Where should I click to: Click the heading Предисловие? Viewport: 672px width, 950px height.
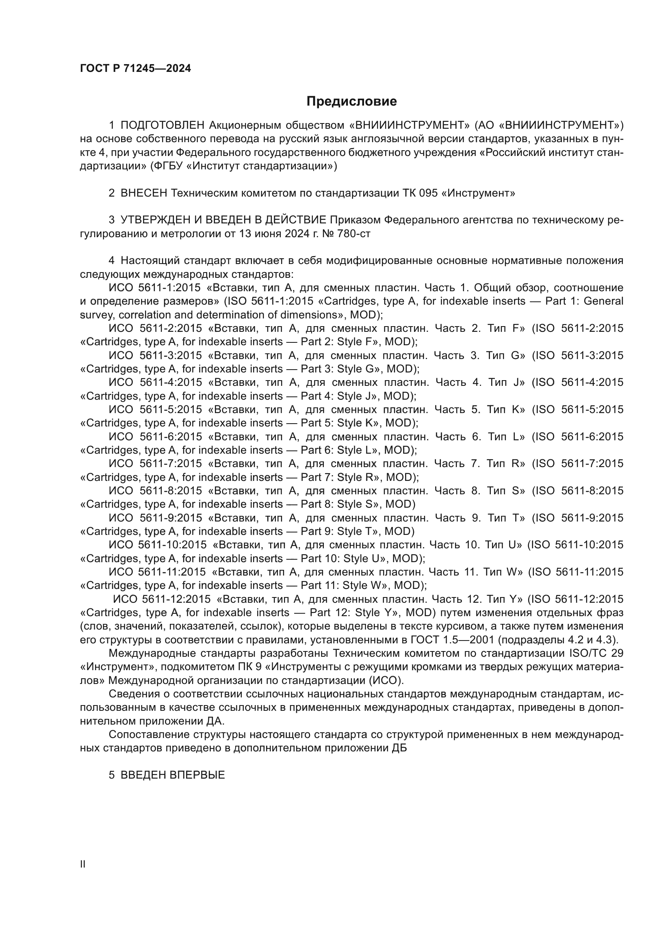point(351,102)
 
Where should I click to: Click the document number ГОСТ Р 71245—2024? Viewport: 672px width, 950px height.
point(135,69)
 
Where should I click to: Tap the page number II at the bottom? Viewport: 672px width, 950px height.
point(82,864)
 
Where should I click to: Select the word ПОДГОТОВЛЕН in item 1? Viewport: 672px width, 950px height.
point(163,126)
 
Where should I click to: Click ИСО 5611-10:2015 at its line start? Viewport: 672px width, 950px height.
point(157,545)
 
